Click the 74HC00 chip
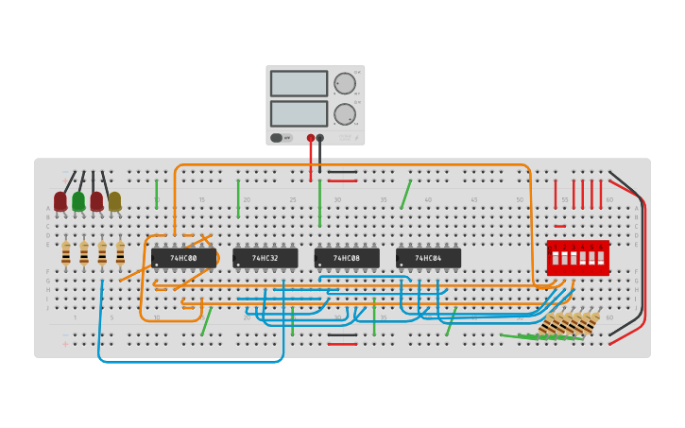click(x=183, y=258)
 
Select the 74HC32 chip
click(x=265, y=258)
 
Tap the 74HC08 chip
click(x=347, y=258)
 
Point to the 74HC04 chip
click(x=428, y=258)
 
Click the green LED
click(x=78, y=201)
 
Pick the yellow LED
click(x=114, y=201)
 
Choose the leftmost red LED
click(x=60, y=201)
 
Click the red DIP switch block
click(x=577, y=258)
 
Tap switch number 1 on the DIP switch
click(x=556, y=258)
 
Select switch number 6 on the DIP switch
click(x=600, y=258)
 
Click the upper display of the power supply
click(x=299, y=83)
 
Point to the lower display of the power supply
click(x=299, y=113)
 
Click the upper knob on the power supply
click(x=344, y=83)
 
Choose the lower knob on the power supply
click(x=344, y=114)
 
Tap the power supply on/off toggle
click(x=277, y=138)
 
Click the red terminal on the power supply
click(x=310, y=138)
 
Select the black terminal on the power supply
click(x=320, y=138)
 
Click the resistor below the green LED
click(x=84, y=253)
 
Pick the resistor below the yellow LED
click(x=120, y=253)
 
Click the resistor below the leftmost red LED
click(x=66, y=253)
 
